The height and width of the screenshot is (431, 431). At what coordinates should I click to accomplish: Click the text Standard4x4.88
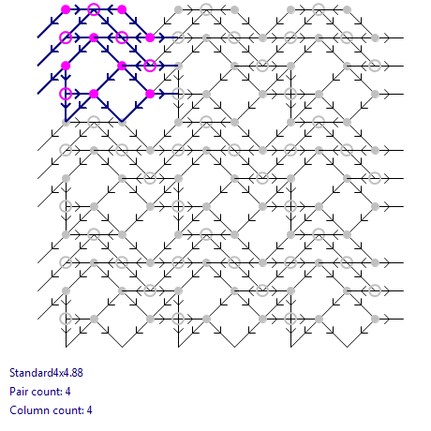pyautogui.click(x=46, y=373)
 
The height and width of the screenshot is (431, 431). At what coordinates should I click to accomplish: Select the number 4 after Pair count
pyautogui.click(x=67, y=392)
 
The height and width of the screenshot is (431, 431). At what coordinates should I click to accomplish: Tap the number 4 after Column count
pyautogui.click(x=89, y=410)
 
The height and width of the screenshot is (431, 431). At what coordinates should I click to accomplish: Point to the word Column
pyautogui.click(x=23, y=410)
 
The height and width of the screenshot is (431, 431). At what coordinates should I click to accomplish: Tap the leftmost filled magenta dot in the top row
pyautogui.click(x=66, y=9)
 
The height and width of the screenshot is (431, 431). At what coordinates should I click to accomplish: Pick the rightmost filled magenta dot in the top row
pyautogui.click(x=122, y=9)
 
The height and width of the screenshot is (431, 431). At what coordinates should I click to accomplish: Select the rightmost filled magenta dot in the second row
pyautogui.click(x=150, y=37)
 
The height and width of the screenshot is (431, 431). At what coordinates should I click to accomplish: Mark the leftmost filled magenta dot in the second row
pyautogui.click(x=94, y=37)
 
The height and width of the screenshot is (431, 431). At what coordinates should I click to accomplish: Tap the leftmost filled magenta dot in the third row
pyautogui.click(x=66, y=66)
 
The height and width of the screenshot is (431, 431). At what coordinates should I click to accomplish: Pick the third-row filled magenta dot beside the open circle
pyautogui.click(x=122, y=66)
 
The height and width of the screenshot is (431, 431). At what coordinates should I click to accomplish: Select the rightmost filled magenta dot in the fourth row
pyautogui.click(x=150, y=94)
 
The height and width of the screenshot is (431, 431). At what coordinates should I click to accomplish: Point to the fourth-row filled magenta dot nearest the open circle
pyautogui.click(x=94, y=94)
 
